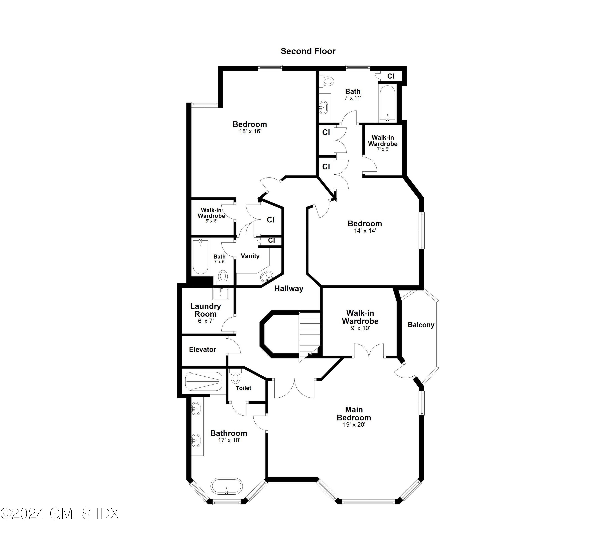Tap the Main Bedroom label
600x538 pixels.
354,413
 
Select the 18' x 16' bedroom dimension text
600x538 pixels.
250,131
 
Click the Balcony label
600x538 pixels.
421,325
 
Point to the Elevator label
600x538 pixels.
203,349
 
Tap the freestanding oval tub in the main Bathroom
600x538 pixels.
226,494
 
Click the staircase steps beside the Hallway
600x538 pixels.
310,334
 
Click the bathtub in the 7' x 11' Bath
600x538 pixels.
387,103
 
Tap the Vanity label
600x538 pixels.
250,256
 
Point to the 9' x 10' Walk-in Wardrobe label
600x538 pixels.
360,317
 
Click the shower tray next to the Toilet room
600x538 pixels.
203,381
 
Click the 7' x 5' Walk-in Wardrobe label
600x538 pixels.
383,141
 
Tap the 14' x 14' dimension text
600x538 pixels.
365,231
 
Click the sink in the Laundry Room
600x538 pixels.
221,294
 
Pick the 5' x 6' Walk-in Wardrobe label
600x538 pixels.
211,213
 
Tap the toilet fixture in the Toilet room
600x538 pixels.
235,377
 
